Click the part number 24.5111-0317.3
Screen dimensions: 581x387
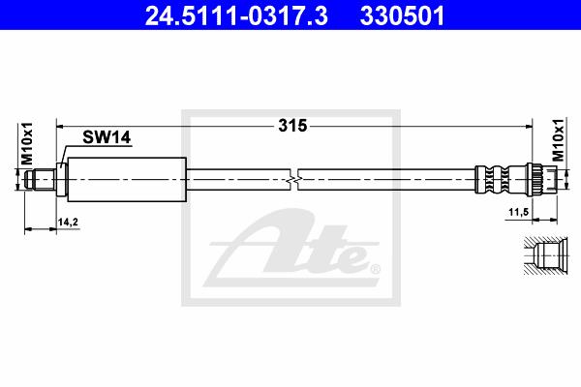point(236,16)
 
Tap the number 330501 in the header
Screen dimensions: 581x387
point(402,16)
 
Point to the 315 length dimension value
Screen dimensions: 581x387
point(292,126)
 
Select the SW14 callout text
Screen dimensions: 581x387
point(107,137)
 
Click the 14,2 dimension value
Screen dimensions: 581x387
point(68,223)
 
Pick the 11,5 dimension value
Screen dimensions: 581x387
point(518,212)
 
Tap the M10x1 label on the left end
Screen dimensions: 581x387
point(27,144)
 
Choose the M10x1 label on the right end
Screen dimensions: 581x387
point(558,140)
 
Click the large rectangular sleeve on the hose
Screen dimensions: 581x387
point(127,180)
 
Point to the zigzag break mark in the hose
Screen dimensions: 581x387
point(293,180)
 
